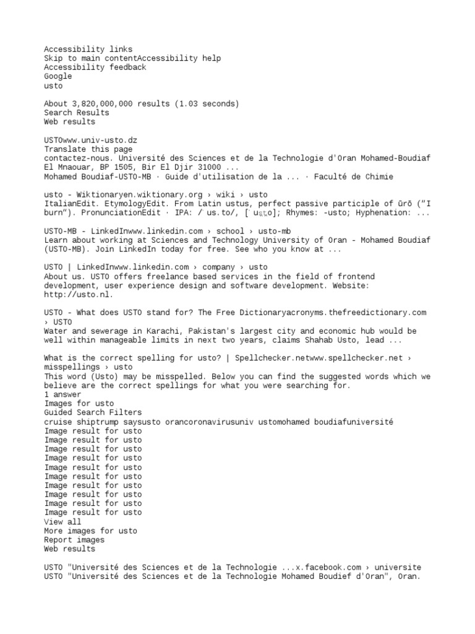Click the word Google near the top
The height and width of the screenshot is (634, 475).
click(x=58, y=76)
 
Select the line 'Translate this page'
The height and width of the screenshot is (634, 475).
click(x=88, y=149)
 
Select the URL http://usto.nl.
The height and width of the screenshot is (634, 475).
click(x=79, y=295)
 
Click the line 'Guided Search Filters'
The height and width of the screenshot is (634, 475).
click(x=93, y=412)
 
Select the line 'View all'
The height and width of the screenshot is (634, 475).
click(x=62, y=522)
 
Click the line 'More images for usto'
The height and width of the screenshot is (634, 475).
click(x=90, y=531)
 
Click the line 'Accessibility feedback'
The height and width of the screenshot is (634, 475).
click(x=95, y=67)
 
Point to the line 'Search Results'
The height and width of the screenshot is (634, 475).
click(x=76, y=113)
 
